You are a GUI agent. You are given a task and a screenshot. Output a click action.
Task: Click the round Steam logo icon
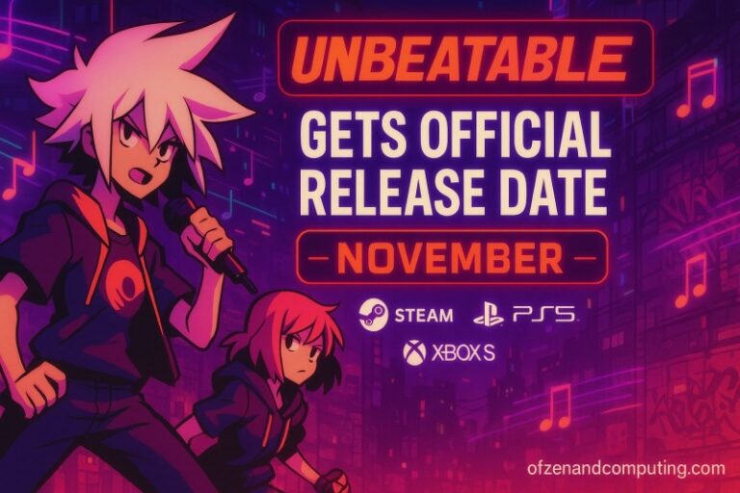(373, 313)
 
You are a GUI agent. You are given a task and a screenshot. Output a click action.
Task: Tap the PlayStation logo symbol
(489, 313)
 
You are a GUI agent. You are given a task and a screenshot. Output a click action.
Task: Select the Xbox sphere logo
(414, 352)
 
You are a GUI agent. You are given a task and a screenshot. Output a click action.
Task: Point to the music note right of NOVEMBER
(691, 279)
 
